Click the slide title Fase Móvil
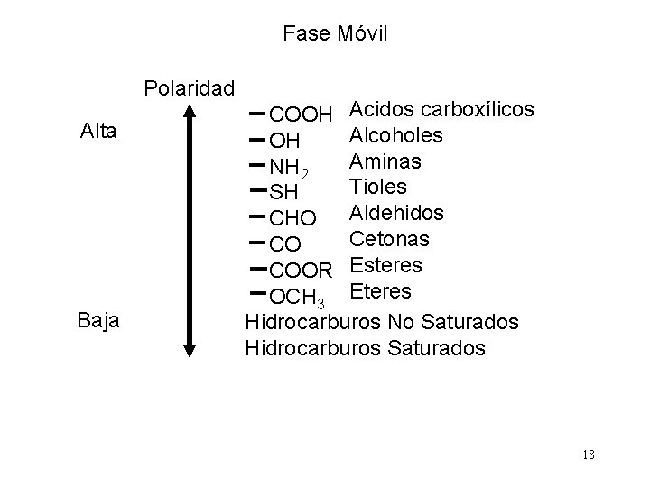tap(334, 34)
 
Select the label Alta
tap(97, 132)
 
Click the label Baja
tap(97, 321)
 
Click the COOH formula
tap(302, 115)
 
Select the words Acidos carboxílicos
tap(441, 109)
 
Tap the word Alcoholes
tap(395, 135)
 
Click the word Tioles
tap(377, 187)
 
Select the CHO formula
tap(293, 219)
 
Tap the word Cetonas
tap(390, 239)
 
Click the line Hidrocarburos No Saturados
tap(382, 321)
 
